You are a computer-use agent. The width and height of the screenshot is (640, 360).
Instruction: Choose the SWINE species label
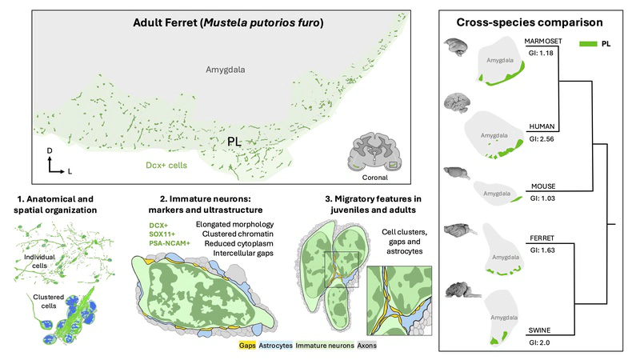click(540, 330)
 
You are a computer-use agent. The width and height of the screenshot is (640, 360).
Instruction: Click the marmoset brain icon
click(458, 46)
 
